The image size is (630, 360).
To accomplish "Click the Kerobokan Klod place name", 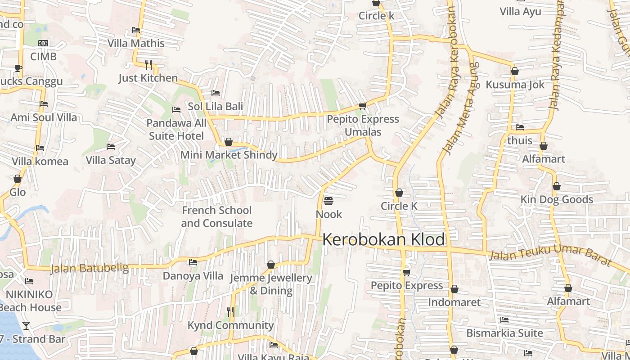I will pos(384,239).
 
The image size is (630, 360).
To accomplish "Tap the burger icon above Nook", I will pos(328,201).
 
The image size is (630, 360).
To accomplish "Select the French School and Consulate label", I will pos(216,216).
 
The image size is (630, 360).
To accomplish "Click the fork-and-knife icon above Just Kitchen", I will pos(149,64).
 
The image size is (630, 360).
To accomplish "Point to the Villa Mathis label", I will pos(136,43).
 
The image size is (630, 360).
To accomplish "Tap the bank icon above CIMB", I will pos(43,43).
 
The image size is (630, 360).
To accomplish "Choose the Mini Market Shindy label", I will pos(229,155).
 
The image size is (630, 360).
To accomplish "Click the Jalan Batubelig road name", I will pos(89,269).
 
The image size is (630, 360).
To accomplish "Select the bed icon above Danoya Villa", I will pos(193,262).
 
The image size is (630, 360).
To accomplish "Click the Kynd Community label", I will pos(230,325).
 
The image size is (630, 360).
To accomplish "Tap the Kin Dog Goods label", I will pos(557,199).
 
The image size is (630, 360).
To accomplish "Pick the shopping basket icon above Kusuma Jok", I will pos(515,71).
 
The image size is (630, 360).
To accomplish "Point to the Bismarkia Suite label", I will pos(504,333).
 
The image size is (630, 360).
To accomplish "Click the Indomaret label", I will pos(454,302).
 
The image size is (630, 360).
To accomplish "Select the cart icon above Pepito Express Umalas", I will pos(362,106).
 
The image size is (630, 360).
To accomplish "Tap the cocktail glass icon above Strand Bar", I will pos(26,325).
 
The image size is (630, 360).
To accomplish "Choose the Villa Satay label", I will pos(110,160).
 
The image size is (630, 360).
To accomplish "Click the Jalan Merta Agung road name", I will pos(460,108).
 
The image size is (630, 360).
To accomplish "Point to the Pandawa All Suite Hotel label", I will pos(176,129).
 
